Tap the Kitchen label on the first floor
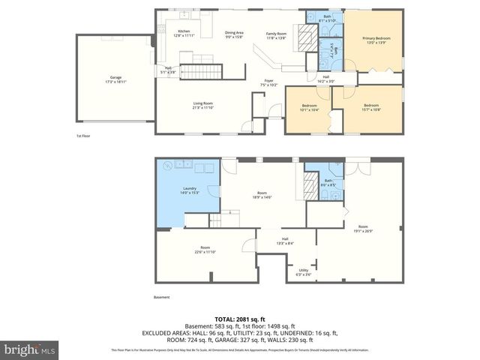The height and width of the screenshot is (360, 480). point(168,32)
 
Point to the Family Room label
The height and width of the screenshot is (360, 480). point(277,35)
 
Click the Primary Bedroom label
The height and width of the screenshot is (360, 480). point(372,40)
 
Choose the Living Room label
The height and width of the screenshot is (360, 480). point(202,105)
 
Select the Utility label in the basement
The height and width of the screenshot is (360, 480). point(303,272)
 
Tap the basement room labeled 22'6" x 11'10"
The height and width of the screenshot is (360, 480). point(205,250)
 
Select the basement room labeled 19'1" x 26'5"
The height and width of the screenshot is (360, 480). point(363,229)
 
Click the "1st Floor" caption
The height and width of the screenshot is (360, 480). point(84,136)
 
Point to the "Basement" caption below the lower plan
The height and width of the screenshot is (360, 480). point(162,297)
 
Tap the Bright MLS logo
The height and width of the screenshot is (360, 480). point(30,349)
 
